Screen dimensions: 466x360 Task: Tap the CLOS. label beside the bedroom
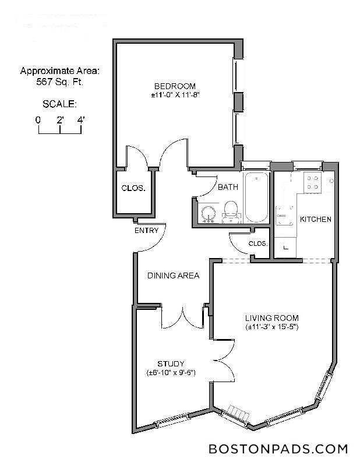click(x=132, y=188)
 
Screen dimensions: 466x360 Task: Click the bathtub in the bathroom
click(x=257, y=197)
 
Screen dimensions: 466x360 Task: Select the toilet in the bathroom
click(x=231, y=211)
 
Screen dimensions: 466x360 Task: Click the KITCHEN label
click(x=315, y=220)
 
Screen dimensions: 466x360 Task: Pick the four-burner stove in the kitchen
click(x=312, y=183)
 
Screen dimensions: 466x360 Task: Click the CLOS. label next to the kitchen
click(x=257, y=243)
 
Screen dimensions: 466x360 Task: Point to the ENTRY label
click(x=146, y=231)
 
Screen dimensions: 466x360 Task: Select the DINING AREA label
click(x=173, y=276)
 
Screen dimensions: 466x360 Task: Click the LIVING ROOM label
click(x=271, y=318)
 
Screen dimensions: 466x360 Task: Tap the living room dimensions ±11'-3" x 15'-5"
click(x=271, y=327)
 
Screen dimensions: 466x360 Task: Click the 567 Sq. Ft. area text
click(x=59, y=82)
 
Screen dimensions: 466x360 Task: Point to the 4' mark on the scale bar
click(x=80, y=119)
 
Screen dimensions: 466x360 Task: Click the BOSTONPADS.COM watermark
click(x=278, y=449)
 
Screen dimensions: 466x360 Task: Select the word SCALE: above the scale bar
click(x=59, y=104)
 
